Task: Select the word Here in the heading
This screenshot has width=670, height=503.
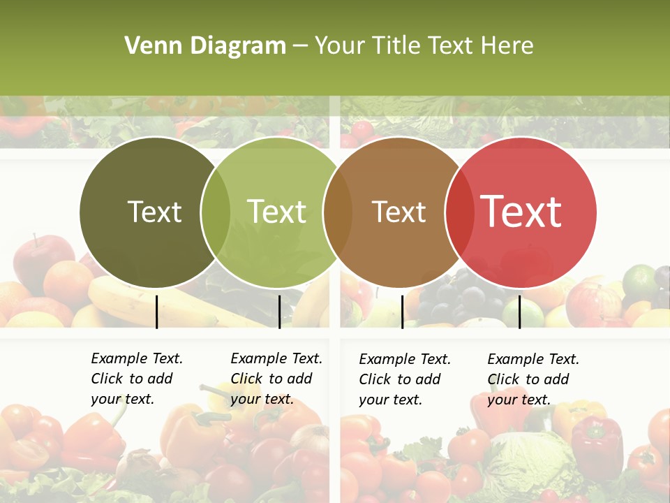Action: click(x=508, y=46)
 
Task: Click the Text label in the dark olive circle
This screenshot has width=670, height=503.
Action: click(x=154, y=212)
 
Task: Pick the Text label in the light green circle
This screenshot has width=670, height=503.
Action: click(x=277, y=212)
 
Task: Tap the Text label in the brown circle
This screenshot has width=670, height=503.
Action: click(x=399, y=212)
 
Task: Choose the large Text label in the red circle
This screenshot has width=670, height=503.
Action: click(x=521, y=211)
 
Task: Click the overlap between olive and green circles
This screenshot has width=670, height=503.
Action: click(x=216, y=212)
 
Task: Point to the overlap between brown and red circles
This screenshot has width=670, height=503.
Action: click(x=458, y=212)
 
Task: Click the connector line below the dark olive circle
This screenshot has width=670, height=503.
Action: click(x=156, y=312)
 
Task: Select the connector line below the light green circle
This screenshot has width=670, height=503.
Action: click(x=279, y=312)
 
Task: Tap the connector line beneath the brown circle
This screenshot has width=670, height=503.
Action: click(x=402, y=312)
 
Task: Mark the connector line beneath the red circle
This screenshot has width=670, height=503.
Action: click(x=519, y=312)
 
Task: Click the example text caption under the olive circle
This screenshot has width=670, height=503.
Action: click(x=136, y=379)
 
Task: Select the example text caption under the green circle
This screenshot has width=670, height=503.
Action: click(x=276, y=379)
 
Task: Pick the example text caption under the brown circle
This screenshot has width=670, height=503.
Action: click(x=404, y=379)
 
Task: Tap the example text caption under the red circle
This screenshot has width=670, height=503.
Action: click(x=533, y=379)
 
